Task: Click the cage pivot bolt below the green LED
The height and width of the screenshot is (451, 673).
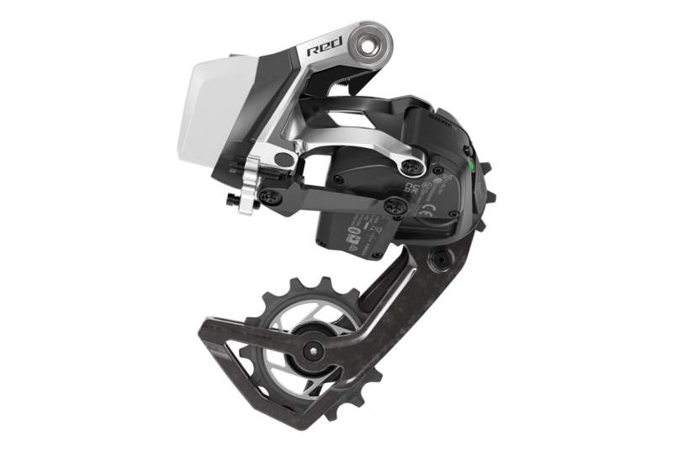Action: click(438, 261)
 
